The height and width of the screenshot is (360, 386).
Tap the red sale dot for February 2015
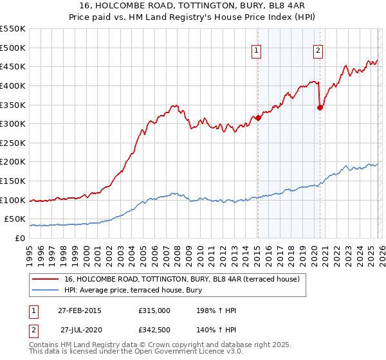tap(258, 118)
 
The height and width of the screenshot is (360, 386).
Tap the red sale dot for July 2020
tap(320, 107)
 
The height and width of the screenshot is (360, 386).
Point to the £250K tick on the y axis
tap(14, 143)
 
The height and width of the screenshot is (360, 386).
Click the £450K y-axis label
tap(14, 67)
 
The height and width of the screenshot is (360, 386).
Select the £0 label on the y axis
tap(19, 239)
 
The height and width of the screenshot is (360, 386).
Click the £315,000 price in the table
tap(154, 310)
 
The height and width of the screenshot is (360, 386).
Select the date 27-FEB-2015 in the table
tap(80, 310)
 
